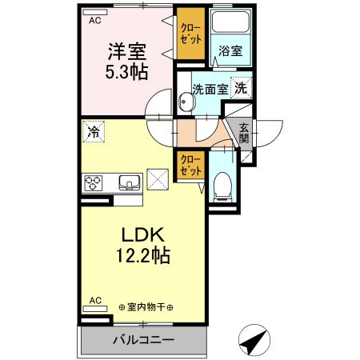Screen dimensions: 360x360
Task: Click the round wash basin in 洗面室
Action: (x=186, y=102)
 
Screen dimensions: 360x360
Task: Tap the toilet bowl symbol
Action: (x=222, y=186)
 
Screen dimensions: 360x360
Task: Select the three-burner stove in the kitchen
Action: (x=94, y=183)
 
